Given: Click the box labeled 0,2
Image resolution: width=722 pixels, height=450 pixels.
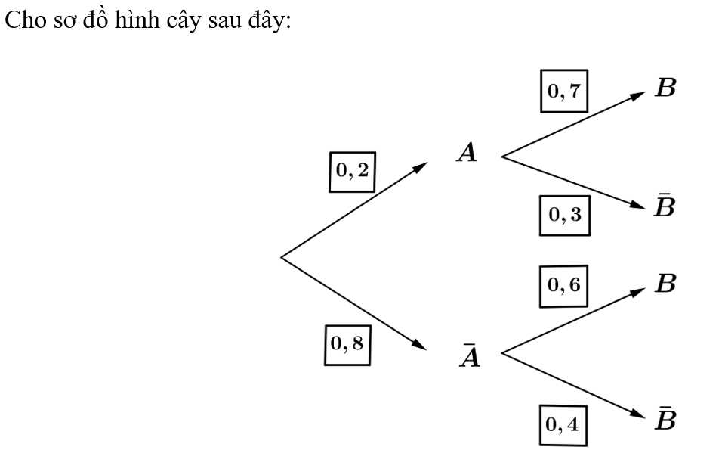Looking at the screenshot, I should tap(353, 171).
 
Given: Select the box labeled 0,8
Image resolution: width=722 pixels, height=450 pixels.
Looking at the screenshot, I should tap(347, 344).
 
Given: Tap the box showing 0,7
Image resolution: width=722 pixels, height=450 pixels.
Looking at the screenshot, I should tap(563, 92).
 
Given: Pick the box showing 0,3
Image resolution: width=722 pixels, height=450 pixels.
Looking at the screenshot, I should tap(564, 215).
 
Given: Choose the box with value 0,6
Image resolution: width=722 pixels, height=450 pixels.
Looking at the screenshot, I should tap(563, 286).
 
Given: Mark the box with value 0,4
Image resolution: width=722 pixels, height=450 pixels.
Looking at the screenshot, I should tap(563, 425).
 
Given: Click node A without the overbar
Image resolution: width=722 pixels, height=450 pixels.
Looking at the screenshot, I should tap(467, 154).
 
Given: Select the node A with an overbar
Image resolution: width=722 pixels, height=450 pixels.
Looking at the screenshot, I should tap(470, 355).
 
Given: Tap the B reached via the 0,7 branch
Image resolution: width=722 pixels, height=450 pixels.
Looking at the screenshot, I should tap(665, 88).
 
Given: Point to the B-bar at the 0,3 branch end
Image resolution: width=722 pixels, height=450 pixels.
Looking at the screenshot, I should tap(665, 206).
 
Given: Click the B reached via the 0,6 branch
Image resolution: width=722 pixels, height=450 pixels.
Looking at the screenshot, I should tap(665, 284).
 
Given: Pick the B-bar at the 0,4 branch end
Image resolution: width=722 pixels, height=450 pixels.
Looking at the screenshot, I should tap(665, 419).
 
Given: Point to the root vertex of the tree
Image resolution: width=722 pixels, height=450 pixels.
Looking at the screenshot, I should tap(282, 257).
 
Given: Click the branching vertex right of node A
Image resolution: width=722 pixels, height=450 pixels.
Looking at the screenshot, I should tap(502, 157).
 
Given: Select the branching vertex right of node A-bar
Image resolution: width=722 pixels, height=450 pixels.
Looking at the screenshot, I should tap(502, 352).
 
